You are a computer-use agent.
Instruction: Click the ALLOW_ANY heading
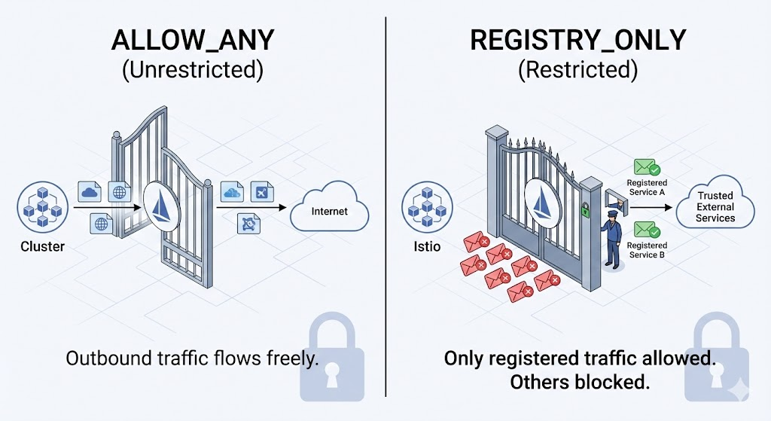(x=192, y=41)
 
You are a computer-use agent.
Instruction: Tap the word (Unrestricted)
(x=192, y=70)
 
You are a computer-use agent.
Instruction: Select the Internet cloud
(x=330, y=211)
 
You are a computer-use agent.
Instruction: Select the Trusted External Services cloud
(x=715, y=207)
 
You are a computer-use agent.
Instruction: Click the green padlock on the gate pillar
(x=584, y=212)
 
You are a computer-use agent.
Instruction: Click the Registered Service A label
(x=647, y=188)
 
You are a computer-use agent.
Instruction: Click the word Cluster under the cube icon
(x=42, y=246)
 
